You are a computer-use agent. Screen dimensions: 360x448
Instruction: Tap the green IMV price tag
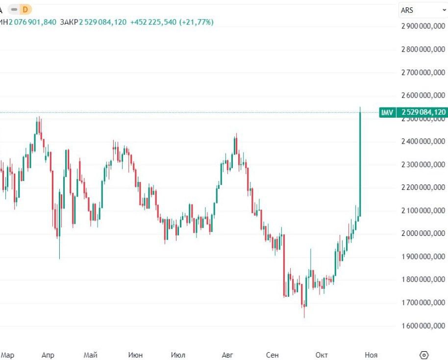click(x=387, y=112)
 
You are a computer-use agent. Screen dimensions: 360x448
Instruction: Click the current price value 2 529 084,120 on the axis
click(x=423, y=112)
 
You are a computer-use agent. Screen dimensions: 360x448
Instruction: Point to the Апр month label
click(x=48, y=355)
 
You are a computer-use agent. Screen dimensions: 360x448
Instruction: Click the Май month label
click(x=91, y=355)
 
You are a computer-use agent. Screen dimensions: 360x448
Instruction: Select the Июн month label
click(x=135, y=355)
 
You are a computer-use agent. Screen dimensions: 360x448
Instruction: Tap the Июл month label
click(x=178, y=355)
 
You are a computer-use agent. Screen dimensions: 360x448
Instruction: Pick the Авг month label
click(x=227, y=355)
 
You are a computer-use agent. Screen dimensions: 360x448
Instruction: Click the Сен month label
click(x=273, y=355)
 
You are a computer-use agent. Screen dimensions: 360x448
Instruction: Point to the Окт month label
click(x=322, y=355)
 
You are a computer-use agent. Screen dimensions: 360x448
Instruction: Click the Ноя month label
click(x=371, y=355)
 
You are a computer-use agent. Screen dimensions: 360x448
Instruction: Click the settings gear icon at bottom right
click(x=424, y=355)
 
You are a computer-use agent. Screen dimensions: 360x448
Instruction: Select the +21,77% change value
click(x=196, y=22)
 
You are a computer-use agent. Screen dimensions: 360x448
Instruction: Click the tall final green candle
click(x=360, y=162)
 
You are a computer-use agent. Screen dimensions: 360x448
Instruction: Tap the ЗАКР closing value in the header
click(x=102, y=22)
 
